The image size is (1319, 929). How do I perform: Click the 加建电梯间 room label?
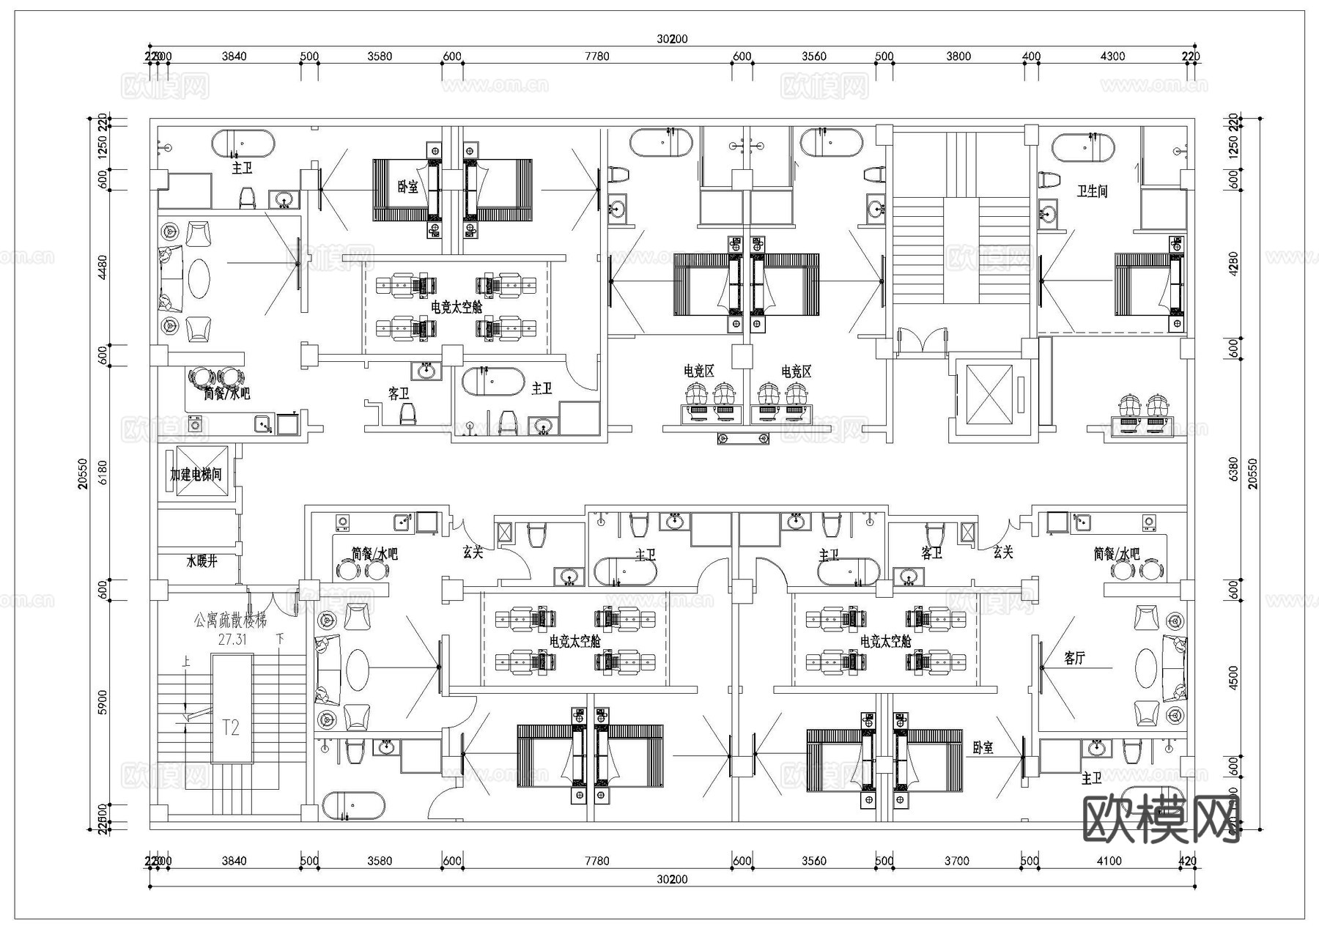click(x=195, y=475)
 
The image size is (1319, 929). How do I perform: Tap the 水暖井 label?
click(x=201, y=562)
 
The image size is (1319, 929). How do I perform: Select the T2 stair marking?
click(x=231, y=728)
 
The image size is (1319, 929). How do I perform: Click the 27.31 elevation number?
click(x=232, y=639)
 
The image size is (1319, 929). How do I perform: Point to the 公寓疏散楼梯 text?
click(x=230, y=621)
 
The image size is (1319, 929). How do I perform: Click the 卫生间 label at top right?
click(x=1092, y=191)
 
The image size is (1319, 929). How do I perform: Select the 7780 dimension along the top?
click(x=596, y=56)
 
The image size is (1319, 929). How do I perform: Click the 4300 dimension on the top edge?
click(x=1112, y=56)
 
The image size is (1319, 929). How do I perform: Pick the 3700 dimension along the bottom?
click(x=956, y=861)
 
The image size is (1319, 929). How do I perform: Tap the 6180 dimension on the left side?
click(x=103, y=472)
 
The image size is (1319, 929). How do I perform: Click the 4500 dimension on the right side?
click(x=1233, y=677)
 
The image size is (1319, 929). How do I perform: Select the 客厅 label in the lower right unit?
click(x=1074, y=659)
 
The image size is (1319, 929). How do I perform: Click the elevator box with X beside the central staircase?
click(x=989, y=394)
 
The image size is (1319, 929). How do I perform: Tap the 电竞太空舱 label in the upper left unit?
click(x=457, y=308)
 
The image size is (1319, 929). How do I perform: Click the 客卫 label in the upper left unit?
click(x=399, y=394)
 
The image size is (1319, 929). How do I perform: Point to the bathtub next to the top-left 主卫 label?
click(x=243, y=144)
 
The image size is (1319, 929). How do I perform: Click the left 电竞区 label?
click(x=698, y=371)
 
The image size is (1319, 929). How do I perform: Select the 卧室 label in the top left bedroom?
click(x=407, y=187)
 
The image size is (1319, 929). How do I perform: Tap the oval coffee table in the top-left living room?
click(x=199, y=278)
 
